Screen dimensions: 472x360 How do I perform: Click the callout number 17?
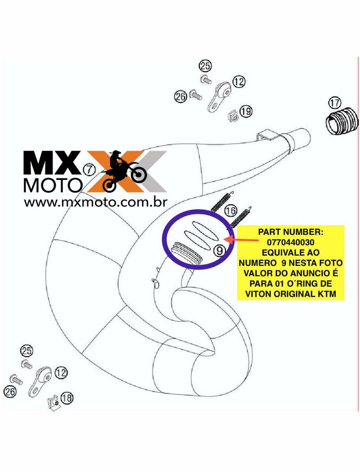pyautogui.click(x=335, y=103)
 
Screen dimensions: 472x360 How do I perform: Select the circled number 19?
pyautogui.click(x=246, y=111)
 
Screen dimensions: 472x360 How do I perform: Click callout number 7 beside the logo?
pyautogui.click(x=90, y=169)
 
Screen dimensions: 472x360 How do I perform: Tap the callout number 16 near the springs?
pyautogui.click(x=230, y=210)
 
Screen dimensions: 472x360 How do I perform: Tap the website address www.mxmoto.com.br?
pyautogui.click(x=96, y=203)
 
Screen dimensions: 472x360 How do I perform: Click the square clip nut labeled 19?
pyautogui.click(x=233, y=116)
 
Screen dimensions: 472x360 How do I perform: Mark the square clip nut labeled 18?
pyautogui.click(x=54, y=403)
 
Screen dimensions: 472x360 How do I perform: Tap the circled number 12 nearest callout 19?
pyautogui.click(x=239, y=82)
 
